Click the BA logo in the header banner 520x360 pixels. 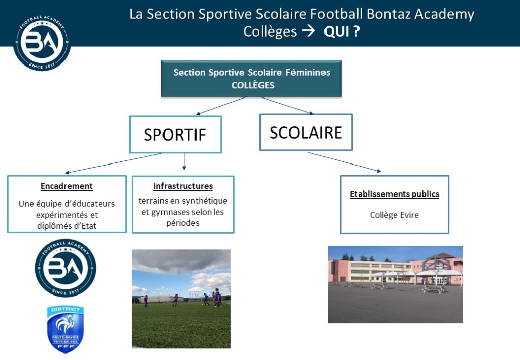click(x=42, y=43)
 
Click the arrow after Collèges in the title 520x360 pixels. click(x=308, y=31)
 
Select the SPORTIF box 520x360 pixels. click(x=175, y=134)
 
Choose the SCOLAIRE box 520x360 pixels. click(x=306, y=132)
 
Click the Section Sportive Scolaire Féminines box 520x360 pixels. click(x=251, y=79)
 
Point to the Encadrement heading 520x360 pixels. click(x=67, y=186)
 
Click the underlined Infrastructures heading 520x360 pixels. click(x=183, y=186)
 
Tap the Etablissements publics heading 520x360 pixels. click(x=395, y=194)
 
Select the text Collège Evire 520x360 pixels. click(x=394, y=215)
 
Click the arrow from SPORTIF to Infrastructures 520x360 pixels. click(x=184, y=161)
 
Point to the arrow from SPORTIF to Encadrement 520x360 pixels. click(x=113, y=163)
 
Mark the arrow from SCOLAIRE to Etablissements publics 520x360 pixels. click(x=345, y=162)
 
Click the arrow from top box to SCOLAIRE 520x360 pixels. click(x=286, y=106)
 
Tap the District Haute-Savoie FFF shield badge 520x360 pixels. click(x=66, y=330)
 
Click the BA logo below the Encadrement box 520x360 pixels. click(x=66, y=268)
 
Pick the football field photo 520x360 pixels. click(x=181, y=299)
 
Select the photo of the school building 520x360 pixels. click(x=395, y=284)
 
